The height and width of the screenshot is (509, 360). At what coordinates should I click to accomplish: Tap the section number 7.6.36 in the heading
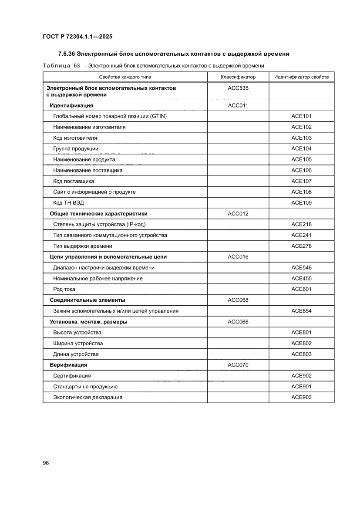[x=67, y=54]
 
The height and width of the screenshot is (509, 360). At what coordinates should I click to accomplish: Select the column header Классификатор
[x=238, y=77]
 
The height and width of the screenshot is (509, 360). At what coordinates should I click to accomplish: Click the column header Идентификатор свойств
[x=301, y=77]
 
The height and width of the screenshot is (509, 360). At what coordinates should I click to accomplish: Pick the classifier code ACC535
[x=238, y=88]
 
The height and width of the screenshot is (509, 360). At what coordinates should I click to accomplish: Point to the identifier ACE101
[x=301, y=116]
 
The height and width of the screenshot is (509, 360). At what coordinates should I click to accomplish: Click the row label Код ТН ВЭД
[x=70, y=203]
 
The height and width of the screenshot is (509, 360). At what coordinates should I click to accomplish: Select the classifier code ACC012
[x=238, y=214]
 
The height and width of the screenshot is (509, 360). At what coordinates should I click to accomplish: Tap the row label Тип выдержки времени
[x=83, y=246]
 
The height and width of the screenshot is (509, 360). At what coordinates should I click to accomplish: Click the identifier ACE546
[x=301, y=268]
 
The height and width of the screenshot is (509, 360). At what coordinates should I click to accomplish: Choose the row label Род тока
[x=64, y=290]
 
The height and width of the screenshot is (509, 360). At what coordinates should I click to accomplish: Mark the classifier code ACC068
[x=238, y=300]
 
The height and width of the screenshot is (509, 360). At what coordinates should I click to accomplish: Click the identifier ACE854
[x=301, y=311]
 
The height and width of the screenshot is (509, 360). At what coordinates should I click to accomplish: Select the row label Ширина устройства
[x=78, y=344]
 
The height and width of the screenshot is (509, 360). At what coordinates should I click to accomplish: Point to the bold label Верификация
[x=68, y=365]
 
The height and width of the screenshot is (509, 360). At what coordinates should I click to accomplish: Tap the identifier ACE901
[x=301, y=387]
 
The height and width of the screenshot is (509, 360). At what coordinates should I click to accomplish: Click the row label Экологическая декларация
[x=87, y=398]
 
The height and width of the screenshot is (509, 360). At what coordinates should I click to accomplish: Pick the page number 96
[x=46, y=463]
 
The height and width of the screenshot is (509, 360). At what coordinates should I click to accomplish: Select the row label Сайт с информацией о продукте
[x=94, y=192]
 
